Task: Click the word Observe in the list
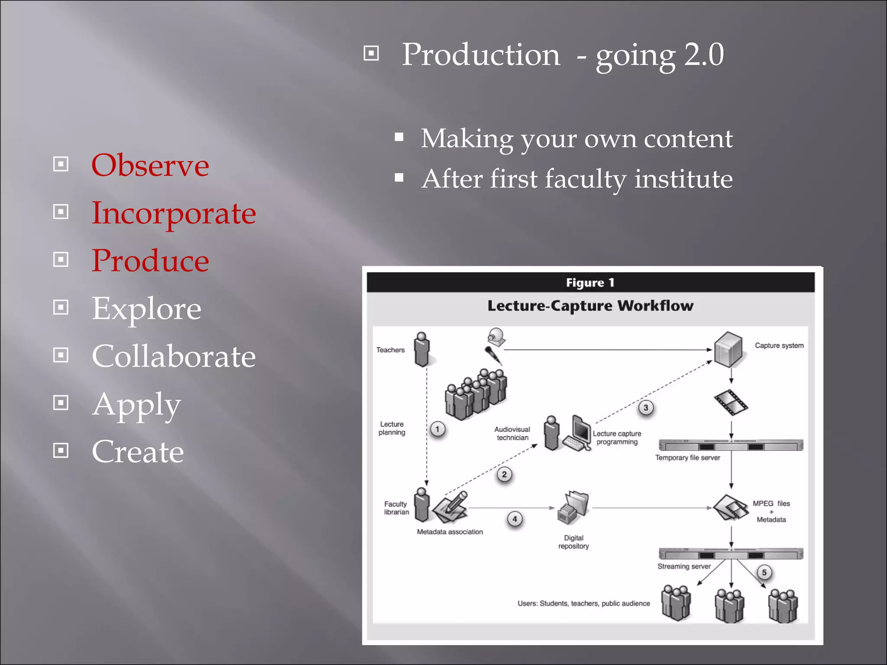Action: (150, 165)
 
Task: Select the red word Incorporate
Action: (174, 213)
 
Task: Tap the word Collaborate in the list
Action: (174, 356)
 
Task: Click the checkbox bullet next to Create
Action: (61, 451)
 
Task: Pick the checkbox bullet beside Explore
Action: (61, 307)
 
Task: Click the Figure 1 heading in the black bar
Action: (590, 283)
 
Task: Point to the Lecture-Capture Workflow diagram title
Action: (590, 306)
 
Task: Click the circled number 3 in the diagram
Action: (646, 407)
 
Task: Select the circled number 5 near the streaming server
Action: (764, 572)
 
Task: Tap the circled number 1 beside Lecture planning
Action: (437, 429)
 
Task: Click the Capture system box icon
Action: (728, 349)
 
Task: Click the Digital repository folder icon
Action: (573, 507)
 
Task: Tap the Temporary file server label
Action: (687, 458)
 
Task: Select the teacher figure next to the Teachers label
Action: (422, 349)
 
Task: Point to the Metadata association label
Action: (450, 532)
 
